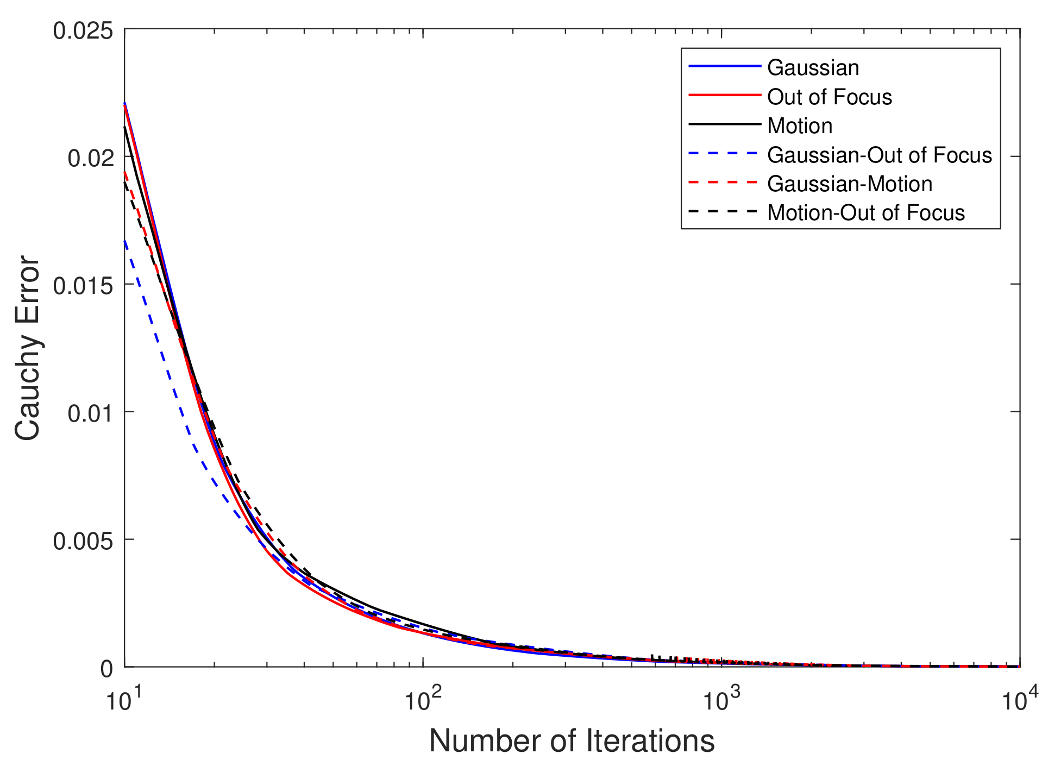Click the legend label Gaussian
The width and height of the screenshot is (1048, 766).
point(813,68)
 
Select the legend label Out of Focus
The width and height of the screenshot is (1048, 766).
point(829,97)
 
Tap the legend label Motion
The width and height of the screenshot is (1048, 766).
point(799,126)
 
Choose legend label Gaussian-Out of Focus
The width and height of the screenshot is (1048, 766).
point(879,155)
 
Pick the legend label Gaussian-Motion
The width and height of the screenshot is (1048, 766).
point(849,184)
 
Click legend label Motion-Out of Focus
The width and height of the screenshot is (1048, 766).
point(865,213)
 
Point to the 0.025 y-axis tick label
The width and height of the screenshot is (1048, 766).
point(83,30)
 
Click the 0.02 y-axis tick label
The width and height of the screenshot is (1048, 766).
point(90,158)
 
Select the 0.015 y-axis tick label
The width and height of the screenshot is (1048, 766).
point(83,286)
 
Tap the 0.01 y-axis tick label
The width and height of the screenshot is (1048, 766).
point(90,413)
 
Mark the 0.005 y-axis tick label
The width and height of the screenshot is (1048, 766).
point(83,541)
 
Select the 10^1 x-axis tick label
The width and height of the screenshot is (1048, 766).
point(124,700)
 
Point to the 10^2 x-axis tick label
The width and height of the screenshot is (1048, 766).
point(422,700)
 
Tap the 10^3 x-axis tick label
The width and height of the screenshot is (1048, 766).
point(721,700)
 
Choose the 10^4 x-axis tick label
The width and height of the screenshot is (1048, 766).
point(1019,700)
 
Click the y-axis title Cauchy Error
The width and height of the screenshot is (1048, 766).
point(27,348)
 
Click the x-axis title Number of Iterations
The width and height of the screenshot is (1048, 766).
point(572,741)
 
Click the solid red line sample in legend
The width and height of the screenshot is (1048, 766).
point(724,96)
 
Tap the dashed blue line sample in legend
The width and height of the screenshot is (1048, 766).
point(724,154)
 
